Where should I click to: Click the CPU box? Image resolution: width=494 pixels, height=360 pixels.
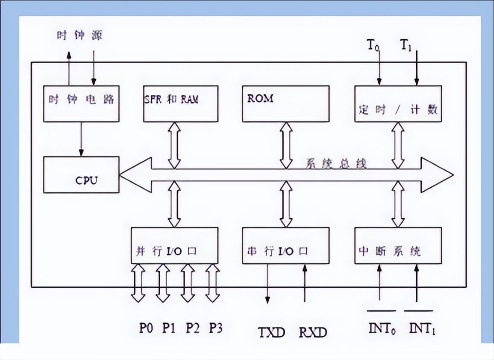tap(81, 174)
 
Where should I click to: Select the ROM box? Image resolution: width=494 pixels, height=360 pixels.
tap(285, 103)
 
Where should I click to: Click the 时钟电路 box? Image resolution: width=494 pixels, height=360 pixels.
tap(81, 103)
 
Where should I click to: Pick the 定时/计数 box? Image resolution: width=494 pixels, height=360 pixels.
tap(398, 103)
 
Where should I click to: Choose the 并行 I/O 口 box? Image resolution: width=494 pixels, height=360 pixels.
tap(174, 245)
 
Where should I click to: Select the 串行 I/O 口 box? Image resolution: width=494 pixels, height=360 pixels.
tap(285, 245)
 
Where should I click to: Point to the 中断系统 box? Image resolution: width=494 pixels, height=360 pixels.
tap(398, 245)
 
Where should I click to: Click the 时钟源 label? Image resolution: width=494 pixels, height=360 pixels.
tap(80, 35)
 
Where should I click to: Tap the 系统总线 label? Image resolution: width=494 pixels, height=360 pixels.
tap(336, 164)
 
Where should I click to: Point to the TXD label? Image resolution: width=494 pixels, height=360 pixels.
tap(271, 332)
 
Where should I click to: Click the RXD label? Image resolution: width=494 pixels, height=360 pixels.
tap(312, 332)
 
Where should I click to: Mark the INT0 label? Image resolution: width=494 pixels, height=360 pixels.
tap(381, 328)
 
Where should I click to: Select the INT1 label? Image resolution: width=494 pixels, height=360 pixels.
tap(422, 328)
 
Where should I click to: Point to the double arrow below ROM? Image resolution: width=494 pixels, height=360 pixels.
tap(286, 145)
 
